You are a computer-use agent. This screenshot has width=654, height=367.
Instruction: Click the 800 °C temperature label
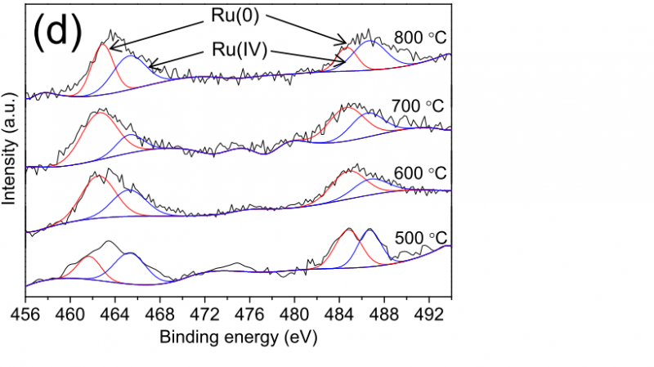420,38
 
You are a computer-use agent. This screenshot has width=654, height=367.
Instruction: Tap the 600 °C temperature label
420,173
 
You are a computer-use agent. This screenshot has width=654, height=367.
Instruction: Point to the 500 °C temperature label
420,239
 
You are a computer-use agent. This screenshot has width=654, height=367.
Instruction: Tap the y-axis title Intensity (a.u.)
11,151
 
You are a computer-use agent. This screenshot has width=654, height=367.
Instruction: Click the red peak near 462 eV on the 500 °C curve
87,258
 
